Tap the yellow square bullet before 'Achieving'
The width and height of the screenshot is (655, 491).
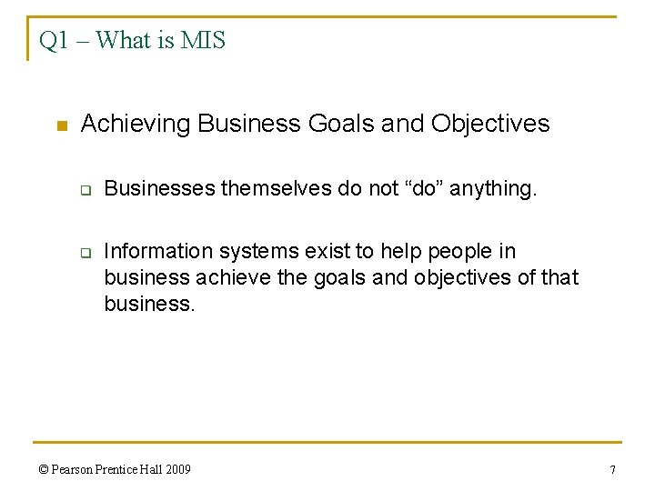click(61, 125)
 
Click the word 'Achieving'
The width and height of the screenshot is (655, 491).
click(136, 124)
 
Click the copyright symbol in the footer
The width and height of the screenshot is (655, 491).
click(45, 470)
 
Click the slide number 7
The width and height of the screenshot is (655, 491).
click(612, 470)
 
